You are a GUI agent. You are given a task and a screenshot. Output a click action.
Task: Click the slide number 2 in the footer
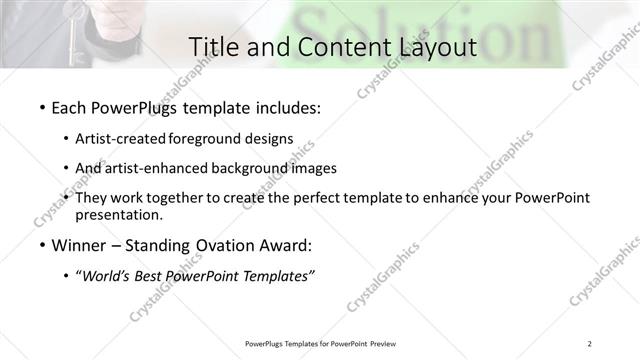(x=590, y=343)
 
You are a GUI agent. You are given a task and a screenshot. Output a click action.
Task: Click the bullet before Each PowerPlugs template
(x=41, y=108)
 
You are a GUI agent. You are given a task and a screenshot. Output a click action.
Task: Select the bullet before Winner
(x=41, y=246)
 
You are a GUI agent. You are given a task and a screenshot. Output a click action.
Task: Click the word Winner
(x=81, y=246)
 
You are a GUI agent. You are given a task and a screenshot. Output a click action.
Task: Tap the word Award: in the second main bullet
(x=283, y=246)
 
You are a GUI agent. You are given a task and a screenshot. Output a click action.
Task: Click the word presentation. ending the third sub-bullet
(x=119, y=215)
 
